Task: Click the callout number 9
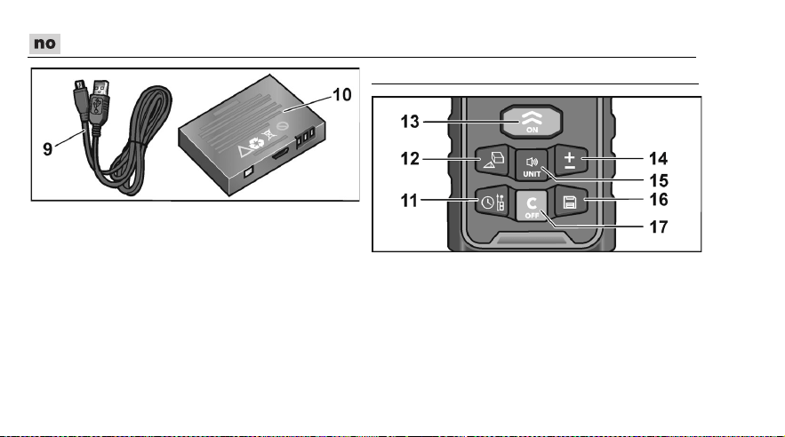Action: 47,149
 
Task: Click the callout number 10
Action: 342,95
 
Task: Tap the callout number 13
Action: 410,122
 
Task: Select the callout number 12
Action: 410,159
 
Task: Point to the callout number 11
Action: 409,201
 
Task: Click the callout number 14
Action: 659,159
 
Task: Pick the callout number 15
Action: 659,180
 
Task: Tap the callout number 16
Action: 659,200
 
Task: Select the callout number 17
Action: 659,227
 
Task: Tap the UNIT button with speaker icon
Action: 532,165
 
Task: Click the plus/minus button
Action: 571,160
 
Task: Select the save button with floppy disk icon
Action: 570,202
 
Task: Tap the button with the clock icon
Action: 492,202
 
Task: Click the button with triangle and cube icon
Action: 493,160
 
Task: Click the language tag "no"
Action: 44,44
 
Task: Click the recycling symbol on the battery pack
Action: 256,145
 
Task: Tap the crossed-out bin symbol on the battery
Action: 269,134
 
